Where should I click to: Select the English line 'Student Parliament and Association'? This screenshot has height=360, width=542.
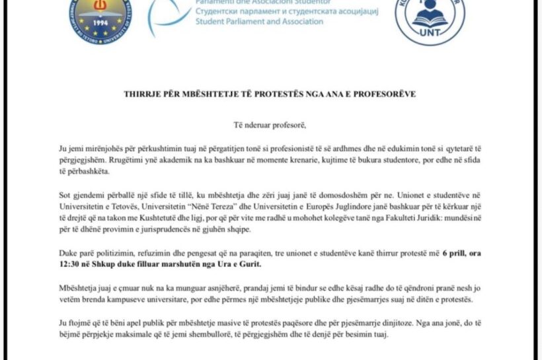point(260,22)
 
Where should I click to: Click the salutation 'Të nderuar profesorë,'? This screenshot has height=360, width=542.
point(270,124)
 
